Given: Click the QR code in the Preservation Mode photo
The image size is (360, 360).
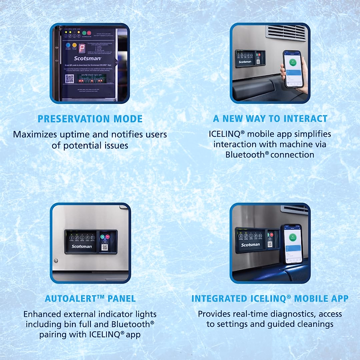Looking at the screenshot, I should coord(69,79).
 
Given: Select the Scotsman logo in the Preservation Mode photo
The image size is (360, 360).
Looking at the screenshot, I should coord(87,58).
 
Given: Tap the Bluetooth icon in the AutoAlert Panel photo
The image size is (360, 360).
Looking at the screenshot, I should coord(105,242).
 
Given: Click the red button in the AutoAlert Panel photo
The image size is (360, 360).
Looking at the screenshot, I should coord(108,237).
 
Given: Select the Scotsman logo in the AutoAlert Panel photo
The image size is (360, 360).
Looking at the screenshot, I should coord(82,246).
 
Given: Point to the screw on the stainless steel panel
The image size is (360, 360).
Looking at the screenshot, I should coord(56,260).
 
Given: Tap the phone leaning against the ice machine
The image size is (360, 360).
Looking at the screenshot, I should coord(293,244).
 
